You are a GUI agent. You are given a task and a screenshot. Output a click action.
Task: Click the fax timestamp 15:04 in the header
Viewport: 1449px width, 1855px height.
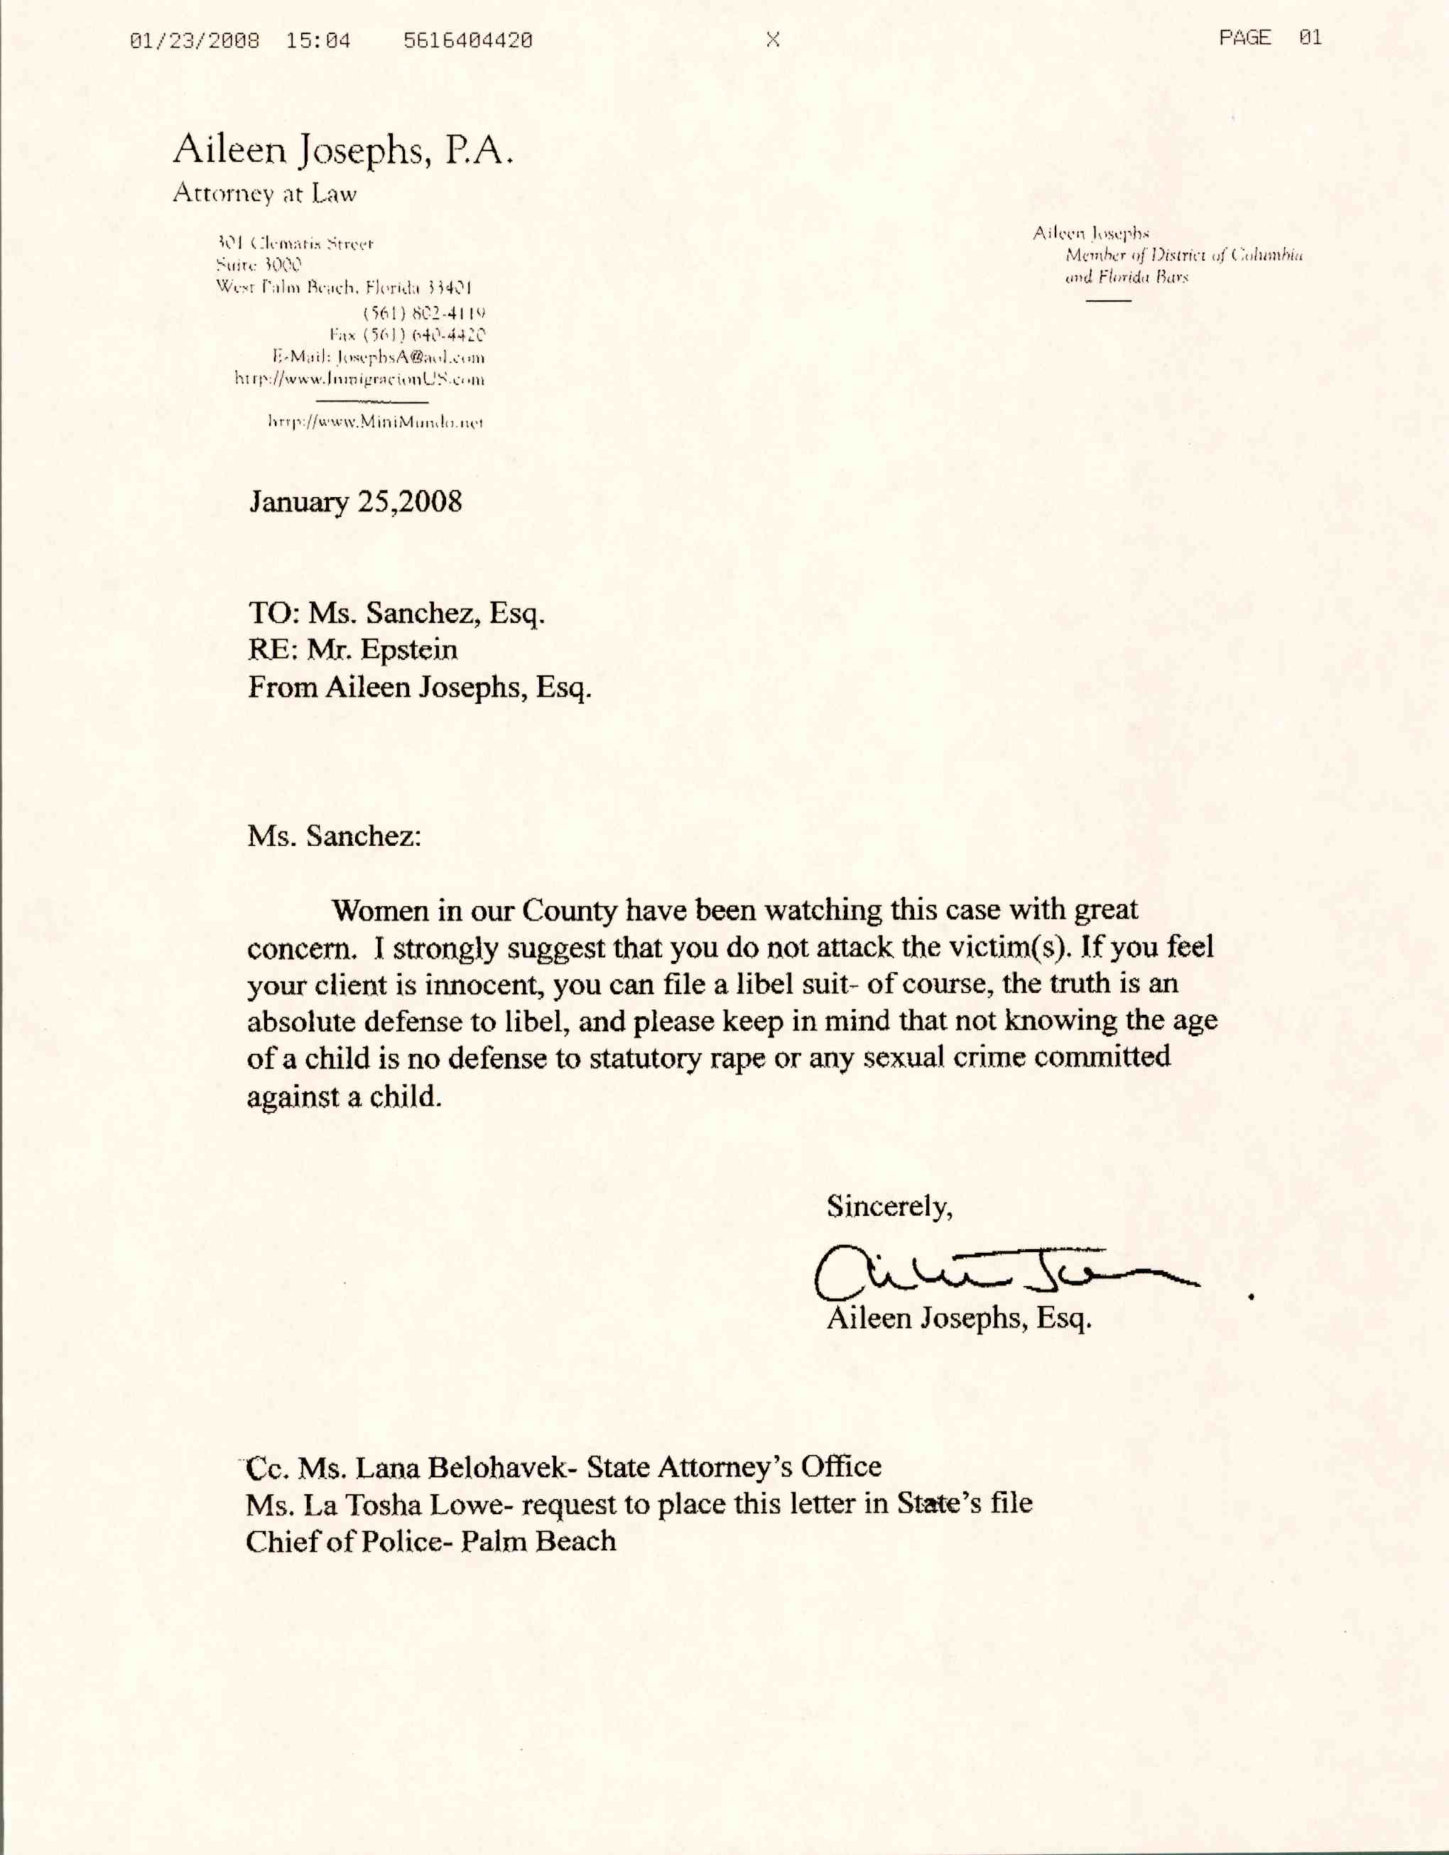[x=318, y=40]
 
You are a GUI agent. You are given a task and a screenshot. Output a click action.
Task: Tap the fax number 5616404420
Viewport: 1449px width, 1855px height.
[x=468, y=40]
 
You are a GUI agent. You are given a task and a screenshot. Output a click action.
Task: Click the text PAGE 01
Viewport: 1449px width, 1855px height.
[x=1270, y=38]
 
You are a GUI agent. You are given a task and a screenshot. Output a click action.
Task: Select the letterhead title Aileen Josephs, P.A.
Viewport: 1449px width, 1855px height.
[x=343, y=151]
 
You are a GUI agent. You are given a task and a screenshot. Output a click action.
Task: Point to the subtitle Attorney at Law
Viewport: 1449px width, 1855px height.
[x=265, y=194]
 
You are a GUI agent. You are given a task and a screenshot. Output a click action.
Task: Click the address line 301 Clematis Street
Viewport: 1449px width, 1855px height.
[x=295, y=244]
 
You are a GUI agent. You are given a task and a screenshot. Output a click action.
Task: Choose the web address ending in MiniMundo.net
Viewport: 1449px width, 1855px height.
[x=376, y=421]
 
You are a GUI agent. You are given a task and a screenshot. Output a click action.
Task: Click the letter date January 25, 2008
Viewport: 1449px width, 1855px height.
[x=356, y=501]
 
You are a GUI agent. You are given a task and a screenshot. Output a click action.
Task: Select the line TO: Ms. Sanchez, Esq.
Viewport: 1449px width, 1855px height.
[x=396, y=612]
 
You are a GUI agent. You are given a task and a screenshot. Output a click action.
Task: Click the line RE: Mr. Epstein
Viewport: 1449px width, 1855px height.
[x=352, y=650]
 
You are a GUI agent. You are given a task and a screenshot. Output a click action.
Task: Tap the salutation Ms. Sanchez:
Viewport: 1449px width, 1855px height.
[x=334, y=836]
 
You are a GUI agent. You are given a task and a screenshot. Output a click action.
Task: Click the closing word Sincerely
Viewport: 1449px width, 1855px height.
[x=889, y=1205]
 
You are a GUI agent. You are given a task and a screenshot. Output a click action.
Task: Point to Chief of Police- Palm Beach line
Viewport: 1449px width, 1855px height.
[x=430, y=1540]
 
